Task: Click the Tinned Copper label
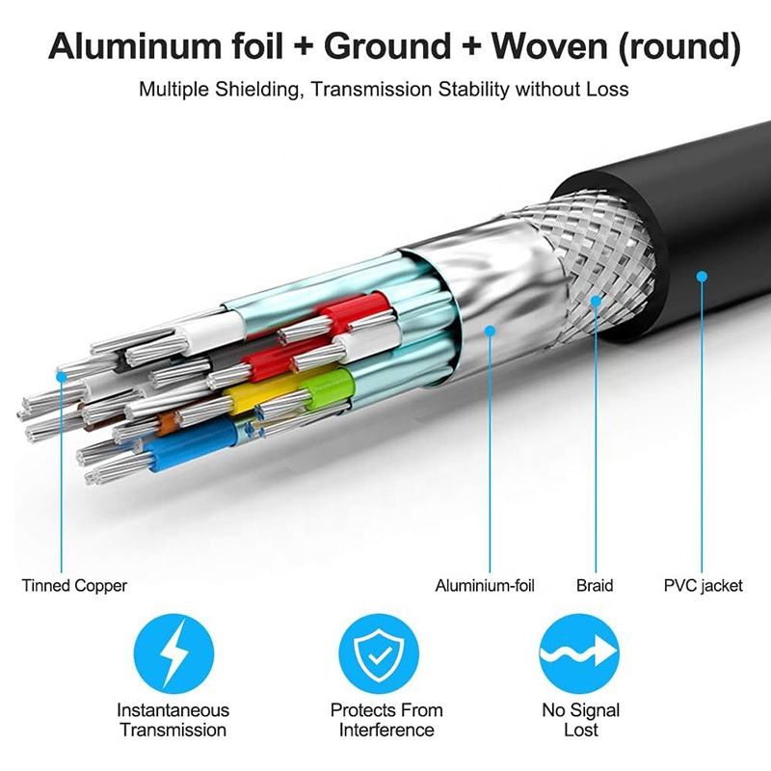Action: [x=74, y=585]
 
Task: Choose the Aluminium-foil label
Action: [x=485, y=585]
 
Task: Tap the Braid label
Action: [x=595, y=585]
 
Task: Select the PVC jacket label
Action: [x=704, y=585]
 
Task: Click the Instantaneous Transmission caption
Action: [x=173, y=720]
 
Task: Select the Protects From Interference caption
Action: [x=386, y=720]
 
